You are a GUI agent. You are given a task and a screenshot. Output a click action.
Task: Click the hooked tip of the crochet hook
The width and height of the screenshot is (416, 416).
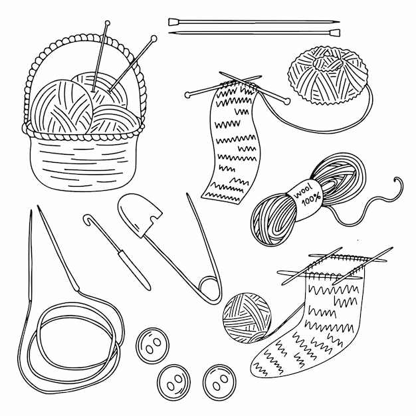coord(88,219)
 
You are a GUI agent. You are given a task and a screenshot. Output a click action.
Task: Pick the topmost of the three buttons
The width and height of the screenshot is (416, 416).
coord(153,346)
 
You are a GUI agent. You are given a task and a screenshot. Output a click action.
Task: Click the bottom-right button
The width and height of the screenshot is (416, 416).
coord(219,382)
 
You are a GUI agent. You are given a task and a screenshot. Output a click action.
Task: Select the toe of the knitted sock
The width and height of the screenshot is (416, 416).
coord(262,364)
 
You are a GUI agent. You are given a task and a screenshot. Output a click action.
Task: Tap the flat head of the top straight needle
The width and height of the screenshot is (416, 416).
coord(173,22)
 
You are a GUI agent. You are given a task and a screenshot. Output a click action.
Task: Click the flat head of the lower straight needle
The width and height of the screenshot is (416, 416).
coord(335,33)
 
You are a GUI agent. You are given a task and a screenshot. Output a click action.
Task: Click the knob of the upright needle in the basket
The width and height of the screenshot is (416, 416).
coord(108,23)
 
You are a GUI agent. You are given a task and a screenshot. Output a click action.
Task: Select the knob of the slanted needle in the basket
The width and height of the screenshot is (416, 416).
coord(154,38)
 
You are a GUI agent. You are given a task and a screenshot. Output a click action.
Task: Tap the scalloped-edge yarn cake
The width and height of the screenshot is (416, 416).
coord(328,74)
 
